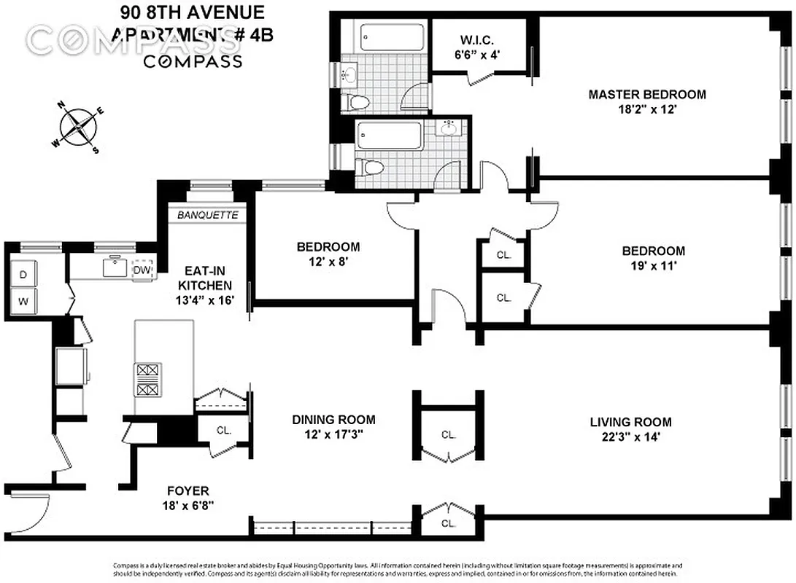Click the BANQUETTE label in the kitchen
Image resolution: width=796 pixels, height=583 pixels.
click(x=208, y=215)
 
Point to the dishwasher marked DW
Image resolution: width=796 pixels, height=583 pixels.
click(x=143, y=269)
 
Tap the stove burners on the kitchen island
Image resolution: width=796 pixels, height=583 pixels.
click(x=147, y=380)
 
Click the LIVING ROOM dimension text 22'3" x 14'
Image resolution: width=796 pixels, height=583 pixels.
click(x=630, y=437)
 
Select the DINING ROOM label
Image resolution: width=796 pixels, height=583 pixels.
click(x=333, y=419)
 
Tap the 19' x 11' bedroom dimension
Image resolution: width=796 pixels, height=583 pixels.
click(x=653, y=266)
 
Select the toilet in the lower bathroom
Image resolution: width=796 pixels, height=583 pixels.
click(x=372, y=167)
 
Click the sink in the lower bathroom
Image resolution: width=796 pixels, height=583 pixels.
click(x=448, y=129)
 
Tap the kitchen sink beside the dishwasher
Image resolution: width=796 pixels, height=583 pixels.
click(x=114, y=267)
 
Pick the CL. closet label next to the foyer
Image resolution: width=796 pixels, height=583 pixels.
click(x=223, y=431)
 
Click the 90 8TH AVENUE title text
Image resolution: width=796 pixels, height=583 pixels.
click(x=192, y=12)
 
